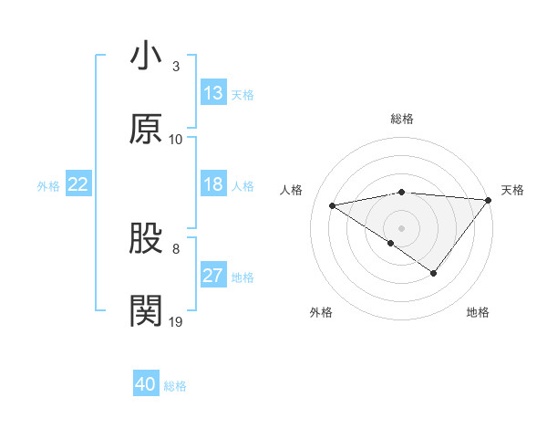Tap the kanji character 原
point(147,129)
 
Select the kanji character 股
point(147,238)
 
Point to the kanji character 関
point(147,311)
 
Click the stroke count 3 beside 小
point(176,67)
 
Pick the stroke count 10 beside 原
point(176,140)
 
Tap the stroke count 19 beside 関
point(176,321)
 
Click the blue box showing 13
point(212,93)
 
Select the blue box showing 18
point(212,184)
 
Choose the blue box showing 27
point(212,276)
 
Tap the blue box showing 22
point(78,184)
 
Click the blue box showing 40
point(146,384)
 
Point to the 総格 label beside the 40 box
point(175,386)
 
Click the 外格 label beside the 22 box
point(48,186)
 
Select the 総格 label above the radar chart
point(402,119)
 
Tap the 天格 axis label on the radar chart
point(512,190)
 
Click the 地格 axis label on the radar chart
point(478,312)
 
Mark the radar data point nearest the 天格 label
point(488,199)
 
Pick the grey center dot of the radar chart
point(402,226)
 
